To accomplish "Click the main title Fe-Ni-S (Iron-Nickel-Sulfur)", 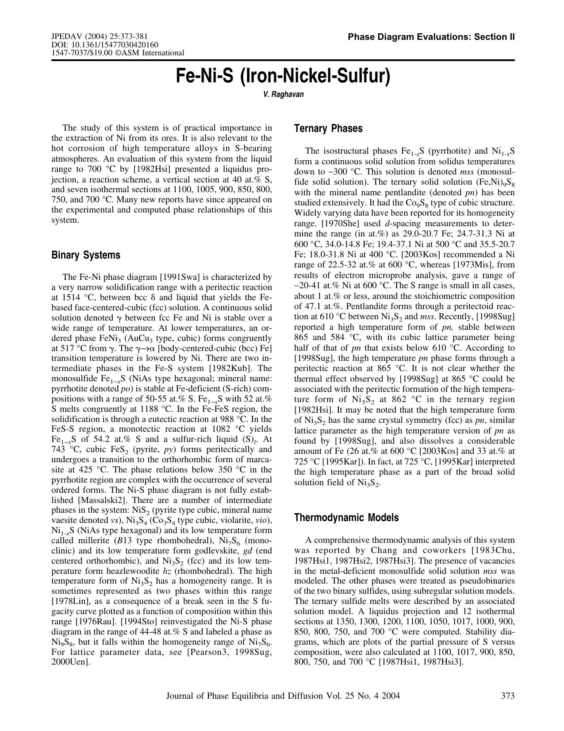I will (283, 76).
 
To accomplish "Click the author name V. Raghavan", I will (283, 94).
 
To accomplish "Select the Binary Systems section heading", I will (86, 255).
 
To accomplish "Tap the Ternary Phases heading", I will (328, 129).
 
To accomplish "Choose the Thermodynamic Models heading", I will (346, 518).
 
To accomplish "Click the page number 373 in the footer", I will (508, 696).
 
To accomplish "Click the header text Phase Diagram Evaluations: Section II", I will (431, 37).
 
